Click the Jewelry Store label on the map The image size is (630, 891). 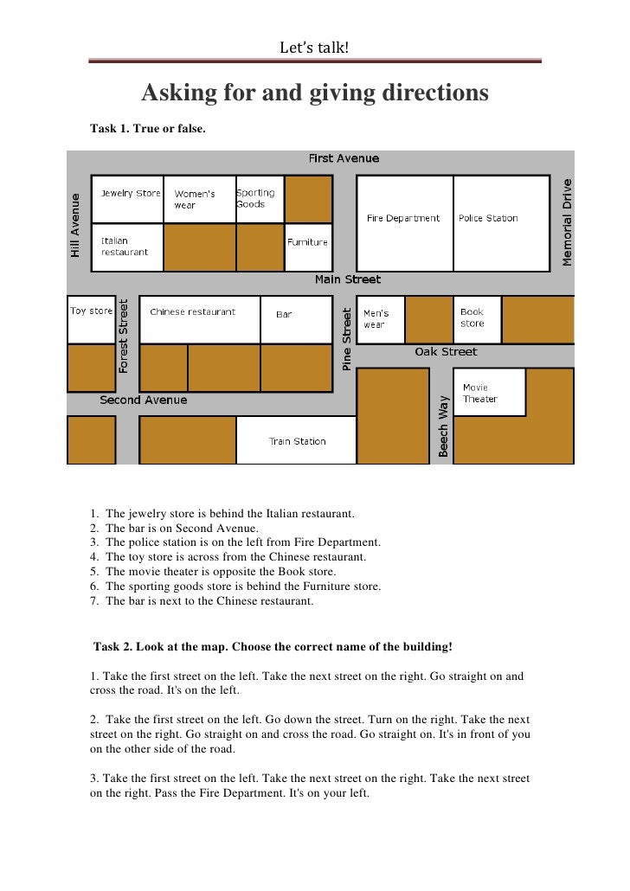click(x=131, y=194)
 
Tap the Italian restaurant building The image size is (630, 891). click(x=126, y=247)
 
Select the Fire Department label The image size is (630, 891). click(x=402, y=219)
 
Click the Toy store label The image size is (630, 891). click(x=91, y=311)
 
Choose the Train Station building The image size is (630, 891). click(x=297, y=440)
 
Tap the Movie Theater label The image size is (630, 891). click(x=480, y=393)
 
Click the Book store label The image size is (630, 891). click(x=472, y=317)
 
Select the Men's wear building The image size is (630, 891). click(x=381, y=319)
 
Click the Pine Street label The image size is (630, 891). click(x=347, y=339)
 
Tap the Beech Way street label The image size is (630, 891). click(x=443, y=426)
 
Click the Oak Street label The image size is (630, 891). click(x=446, y=352)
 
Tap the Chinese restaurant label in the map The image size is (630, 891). click(x=192, y=312)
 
